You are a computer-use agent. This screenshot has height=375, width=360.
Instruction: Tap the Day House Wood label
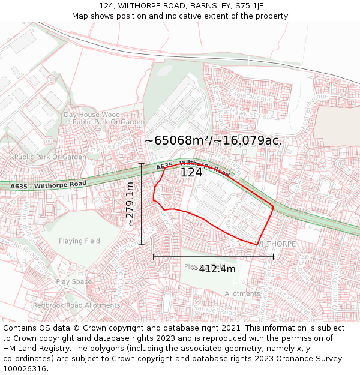point(92,115)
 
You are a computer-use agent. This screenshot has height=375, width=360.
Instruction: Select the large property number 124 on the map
point(191,172)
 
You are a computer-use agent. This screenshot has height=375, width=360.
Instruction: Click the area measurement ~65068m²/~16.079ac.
point(214,140)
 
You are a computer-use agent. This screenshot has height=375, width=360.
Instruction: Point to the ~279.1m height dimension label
point(130,204)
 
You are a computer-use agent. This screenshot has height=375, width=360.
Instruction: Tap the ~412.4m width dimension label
point(213,268)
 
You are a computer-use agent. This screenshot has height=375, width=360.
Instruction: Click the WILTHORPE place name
point(277,244)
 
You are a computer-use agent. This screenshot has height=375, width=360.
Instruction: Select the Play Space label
point(74,281)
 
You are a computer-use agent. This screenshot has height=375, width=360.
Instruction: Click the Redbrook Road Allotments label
point(76,305)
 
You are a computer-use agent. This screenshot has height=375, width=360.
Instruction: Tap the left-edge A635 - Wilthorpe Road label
point(48,185)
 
